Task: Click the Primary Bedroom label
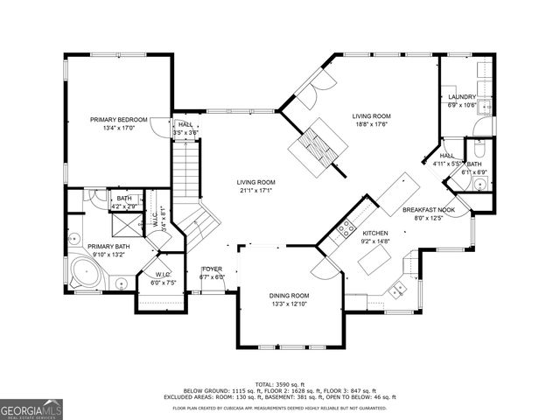tap(118, 119)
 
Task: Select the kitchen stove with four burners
tap(346, 229)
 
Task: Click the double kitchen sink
tap(400, 289)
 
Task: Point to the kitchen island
tap(378, 260)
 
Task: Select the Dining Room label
tap(289, 296)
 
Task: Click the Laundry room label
tap(461, 97)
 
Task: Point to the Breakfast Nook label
tap(428, 210)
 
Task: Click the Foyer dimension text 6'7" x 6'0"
tap(213, 276)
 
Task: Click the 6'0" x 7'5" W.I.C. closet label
tap(162, 283)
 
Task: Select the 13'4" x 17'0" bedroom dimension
tap(118, 127)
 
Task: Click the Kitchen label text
tap(375, 234)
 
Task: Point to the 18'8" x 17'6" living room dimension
tap(371, 123)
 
